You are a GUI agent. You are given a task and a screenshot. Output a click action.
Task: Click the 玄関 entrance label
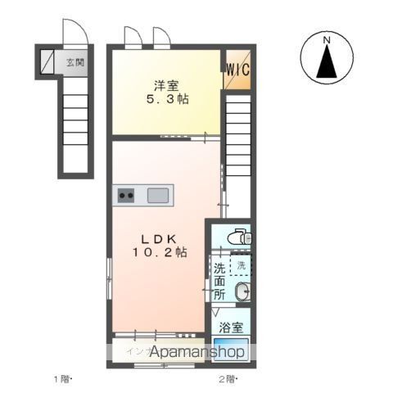[75, 61]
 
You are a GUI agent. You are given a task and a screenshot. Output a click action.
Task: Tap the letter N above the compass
[326, 39]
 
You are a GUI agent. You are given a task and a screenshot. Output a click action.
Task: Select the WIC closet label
[238, 68]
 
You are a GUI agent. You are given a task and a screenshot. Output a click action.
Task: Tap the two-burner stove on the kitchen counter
[126, 195]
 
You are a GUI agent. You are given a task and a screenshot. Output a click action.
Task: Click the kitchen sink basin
[158, 195]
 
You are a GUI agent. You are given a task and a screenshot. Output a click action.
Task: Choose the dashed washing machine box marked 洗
[241, 266]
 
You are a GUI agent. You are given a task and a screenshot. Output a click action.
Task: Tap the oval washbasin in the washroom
[241, 292]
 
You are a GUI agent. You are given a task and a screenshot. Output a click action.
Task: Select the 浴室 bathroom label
[231, 327]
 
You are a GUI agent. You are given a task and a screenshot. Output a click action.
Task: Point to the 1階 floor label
[62, 378]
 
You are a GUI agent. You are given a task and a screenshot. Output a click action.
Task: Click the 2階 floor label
[226, 378]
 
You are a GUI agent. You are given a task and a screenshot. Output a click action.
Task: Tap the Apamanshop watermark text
[187, 352]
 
